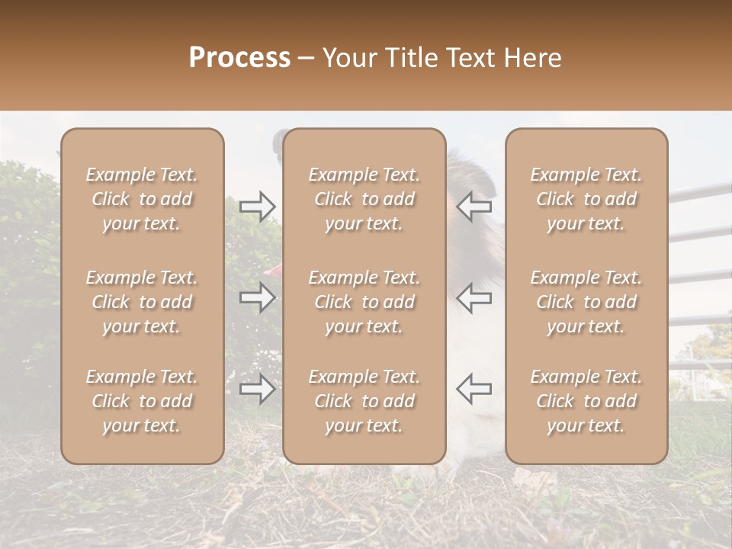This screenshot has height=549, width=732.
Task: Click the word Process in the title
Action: click(239, 58)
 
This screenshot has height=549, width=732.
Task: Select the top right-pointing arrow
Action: click(258, 207)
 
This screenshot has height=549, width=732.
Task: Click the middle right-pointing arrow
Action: click(258, 297)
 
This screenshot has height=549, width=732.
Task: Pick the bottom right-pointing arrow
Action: click(258, 389)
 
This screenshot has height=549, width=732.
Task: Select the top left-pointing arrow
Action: click(474, 207)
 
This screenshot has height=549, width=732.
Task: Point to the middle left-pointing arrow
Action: click(474, 297)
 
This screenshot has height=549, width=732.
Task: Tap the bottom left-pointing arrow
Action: click(474, 389)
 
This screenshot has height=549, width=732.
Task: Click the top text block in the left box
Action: click(142, 199)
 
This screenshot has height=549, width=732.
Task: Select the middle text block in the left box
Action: click(142, 302)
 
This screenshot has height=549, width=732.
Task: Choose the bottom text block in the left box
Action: click(142, 401)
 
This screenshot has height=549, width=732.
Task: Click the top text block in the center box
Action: click(364, 199)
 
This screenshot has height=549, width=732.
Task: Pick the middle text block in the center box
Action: click(364, 302)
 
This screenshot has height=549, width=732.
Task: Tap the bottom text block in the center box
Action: click(364, 401)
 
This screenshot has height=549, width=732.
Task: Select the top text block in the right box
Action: click(586, 199)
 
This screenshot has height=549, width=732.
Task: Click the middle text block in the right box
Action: click(586, 302)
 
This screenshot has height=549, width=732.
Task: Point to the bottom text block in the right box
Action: click(586, 401)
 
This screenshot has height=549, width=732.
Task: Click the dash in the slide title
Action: click(306, 59)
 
